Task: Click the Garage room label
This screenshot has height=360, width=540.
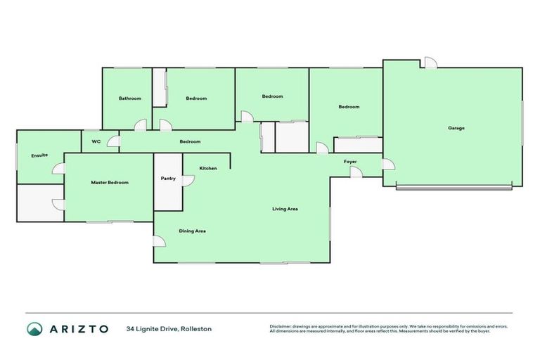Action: coord(456,128)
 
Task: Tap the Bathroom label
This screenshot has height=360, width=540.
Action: coord(129,98)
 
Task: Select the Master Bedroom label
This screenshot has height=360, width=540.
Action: coord(110,183)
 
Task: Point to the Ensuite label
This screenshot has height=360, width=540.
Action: coord(39,155)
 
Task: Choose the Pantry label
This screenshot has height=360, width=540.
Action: coord(168,179)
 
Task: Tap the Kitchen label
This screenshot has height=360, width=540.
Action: coord(208,169)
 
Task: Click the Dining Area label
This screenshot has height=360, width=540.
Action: coord(192,231)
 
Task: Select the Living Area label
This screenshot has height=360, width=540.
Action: coord(285,209)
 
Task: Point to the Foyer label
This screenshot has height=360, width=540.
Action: coord(350,162)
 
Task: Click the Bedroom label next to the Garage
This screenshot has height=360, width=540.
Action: coord(349,107)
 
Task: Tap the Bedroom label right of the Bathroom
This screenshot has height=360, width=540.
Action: coord(196,98)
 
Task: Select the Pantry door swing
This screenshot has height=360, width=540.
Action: coord(188,181)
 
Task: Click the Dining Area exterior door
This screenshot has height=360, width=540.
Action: coord(160,241)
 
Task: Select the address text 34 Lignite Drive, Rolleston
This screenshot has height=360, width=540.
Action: coord(169,329)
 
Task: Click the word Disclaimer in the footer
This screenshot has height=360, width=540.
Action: coord(283,326)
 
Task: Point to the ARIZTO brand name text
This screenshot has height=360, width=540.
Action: coord(79,329)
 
